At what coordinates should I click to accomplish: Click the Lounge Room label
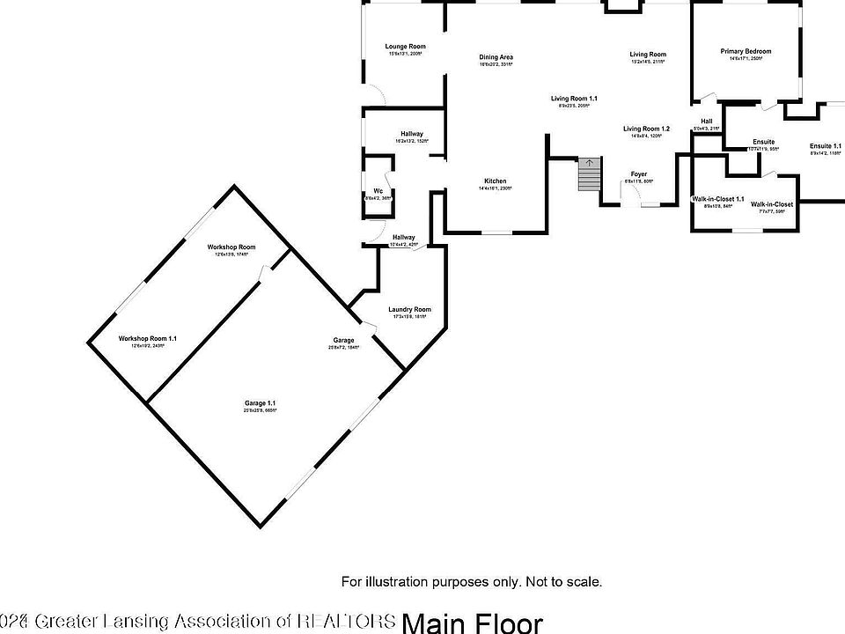click(405, 47)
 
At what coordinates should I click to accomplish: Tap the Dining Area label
click(496, 58)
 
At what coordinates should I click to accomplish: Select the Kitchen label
click(495, 181)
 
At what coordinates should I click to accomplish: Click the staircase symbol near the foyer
click(588, 174)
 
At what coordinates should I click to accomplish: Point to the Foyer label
click(638, 174)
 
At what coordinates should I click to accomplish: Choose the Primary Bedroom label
click(746, 52)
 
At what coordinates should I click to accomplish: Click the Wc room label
click(378, 191)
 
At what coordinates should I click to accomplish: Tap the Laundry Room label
click(410, 310)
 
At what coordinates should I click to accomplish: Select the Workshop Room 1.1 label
click(148, 339)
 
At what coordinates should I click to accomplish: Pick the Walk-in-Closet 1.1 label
click(718, 200)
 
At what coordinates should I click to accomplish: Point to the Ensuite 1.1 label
click(826, 146)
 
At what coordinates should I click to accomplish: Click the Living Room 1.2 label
click(646, 129)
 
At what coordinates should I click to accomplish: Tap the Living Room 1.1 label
click(574, 99)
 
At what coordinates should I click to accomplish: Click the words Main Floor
click(473, 623)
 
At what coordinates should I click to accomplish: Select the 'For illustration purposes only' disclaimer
click(472, 581)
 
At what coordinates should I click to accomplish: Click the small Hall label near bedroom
click(706, 122)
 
